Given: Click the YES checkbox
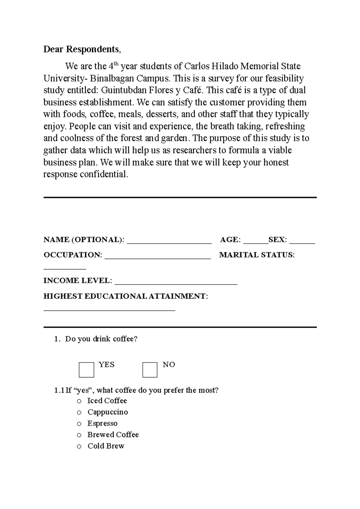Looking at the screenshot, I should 86,370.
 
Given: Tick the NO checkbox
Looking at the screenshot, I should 150,370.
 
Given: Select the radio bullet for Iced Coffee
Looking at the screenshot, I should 79,401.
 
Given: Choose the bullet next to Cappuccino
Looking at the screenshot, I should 79,412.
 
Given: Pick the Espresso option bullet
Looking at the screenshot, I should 79,424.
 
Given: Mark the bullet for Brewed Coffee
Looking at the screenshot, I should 79,435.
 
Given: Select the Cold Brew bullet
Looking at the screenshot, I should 79,446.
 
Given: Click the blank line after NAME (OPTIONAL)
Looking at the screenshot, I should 169,242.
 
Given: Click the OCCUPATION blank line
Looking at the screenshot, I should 158,257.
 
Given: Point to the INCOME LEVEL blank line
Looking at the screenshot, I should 176,283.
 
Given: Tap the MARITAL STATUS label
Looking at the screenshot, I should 257,255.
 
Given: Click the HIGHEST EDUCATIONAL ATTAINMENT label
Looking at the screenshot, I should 126,296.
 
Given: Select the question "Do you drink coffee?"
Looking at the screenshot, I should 101,339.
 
